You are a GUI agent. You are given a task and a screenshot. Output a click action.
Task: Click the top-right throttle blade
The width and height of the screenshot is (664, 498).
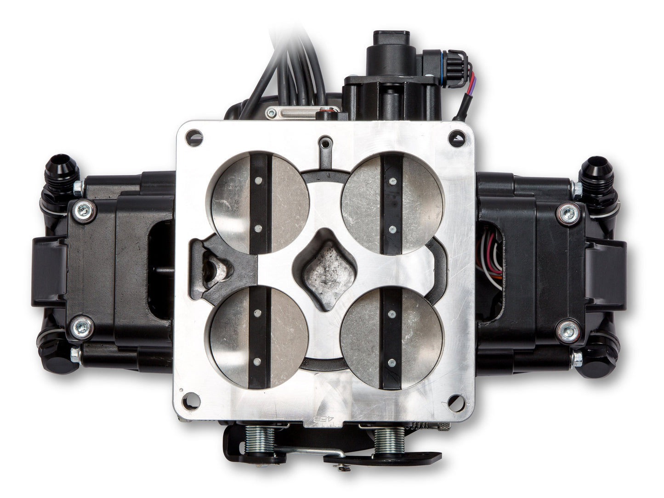pyautogui.click(x=392, y=203)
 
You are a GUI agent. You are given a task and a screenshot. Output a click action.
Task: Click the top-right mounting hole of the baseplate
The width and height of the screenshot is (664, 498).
pyautogui.click(x=456, y=137)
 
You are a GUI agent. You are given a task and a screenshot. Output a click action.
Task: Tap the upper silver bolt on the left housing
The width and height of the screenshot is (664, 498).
pyautogui.click(x=85, y=211)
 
